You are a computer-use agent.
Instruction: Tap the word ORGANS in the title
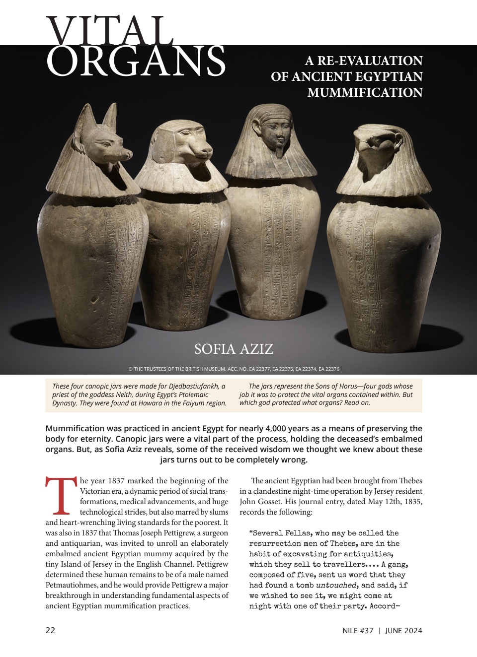(136, 62)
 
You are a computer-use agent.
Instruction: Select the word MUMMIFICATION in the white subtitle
(365, 93)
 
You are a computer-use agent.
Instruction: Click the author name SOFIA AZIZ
(234, 349)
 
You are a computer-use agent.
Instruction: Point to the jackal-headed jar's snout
(112, 149)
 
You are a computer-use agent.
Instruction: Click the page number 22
(50, 631)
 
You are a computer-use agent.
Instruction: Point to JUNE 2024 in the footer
(403, 631)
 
